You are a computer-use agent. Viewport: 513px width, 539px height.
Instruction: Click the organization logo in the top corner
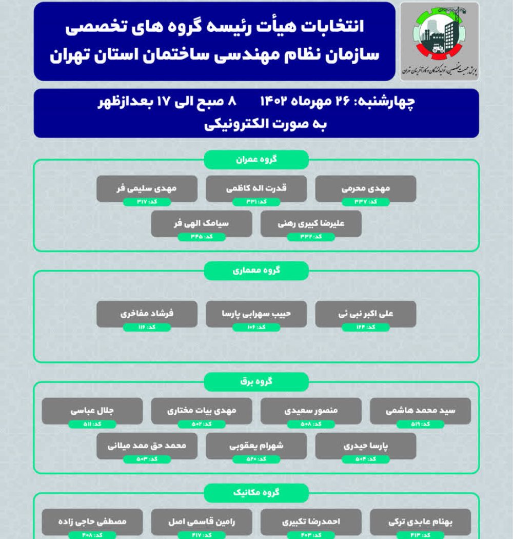pos(439,41)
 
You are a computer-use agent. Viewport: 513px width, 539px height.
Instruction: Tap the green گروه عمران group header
pos(256,159)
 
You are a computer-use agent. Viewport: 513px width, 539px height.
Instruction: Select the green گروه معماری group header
pos(256,271)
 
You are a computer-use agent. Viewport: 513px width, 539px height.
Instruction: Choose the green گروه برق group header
pos(256,381)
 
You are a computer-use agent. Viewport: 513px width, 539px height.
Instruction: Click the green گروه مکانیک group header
pos(256,493)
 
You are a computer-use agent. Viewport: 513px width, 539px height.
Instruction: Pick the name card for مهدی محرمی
pos(366,188)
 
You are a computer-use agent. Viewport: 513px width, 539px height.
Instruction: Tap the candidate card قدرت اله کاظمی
pos(256,188)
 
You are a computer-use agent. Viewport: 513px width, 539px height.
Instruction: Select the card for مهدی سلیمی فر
pos(147,188)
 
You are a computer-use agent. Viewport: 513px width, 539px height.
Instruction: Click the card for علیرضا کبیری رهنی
pos(311,224)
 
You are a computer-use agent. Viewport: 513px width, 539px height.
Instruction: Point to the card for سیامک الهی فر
pos(202,224)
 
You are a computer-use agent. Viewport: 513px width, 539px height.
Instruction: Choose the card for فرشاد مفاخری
pos(147,314)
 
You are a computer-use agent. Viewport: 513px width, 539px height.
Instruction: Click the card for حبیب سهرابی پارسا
pos(256,314)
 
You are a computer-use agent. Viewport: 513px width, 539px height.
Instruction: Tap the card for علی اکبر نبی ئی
pos(366,314)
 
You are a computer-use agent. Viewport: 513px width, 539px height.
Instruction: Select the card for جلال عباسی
pos(92,411)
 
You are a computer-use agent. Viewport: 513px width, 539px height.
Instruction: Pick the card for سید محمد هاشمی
pos(421,411)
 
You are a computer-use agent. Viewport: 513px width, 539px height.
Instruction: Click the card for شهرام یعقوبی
pos(256,446)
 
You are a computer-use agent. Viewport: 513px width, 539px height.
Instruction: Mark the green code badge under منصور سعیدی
pos(311,425)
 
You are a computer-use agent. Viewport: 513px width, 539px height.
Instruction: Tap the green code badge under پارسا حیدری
pos(366,459)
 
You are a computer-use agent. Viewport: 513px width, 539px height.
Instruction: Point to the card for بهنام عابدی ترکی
pos(421,522)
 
